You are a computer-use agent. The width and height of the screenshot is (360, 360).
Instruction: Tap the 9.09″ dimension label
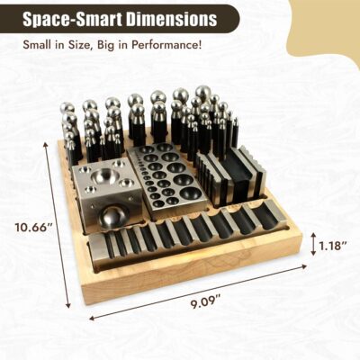[203, 301]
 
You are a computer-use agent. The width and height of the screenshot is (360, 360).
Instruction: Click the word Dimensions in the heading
[172, 19]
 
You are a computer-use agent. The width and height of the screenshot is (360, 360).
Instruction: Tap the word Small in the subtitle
[38, 45]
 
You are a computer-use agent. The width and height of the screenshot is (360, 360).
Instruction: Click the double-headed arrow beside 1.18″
[313, 244]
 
